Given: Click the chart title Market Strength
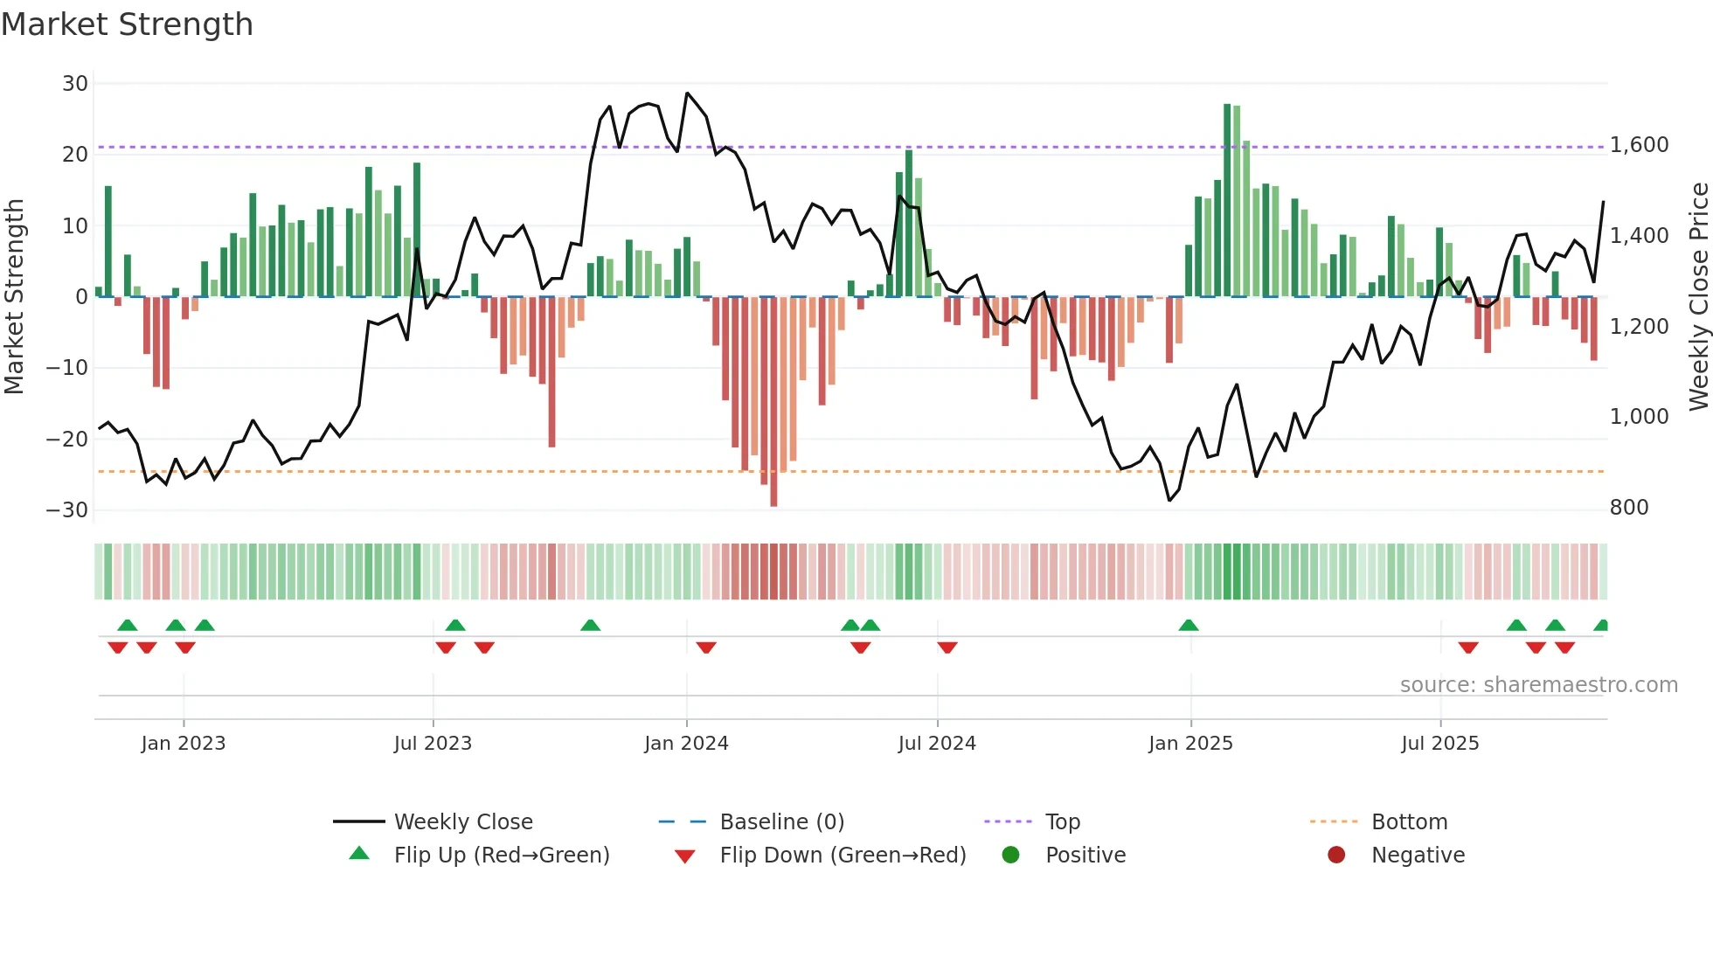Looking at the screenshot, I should click(x=127, y=24).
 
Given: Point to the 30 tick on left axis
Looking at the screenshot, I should click(x=75, y=84).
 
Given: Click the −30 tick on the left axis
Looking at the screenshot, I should click(x=67, y=510).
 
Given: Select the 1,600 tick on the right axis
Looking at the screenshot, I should click(x=1639, y=145).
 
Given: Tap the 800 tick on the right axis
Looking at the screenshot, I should click(x=1628, y=508).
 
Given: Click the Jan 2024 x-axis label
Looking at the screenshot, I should click(x=686, y=744).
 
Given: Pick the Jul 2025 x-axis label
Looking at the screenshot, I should click(x=1439, y=744).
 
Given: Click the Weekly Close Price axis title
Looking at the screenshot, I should click(x=1698, y=297).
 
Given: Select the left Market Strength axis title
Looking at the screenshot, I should click(x=14, y=297).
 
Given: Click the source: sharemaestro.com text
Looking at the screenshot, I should click(x=1538, y=685).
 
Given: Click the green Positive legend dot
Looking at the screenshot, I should click(x=1011, y=856).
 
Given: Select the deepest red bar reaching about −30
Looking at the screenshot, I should click(x=773, y=402).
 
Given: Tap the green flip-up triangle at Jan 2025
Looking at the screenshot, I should click(x=1188, y=626).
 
